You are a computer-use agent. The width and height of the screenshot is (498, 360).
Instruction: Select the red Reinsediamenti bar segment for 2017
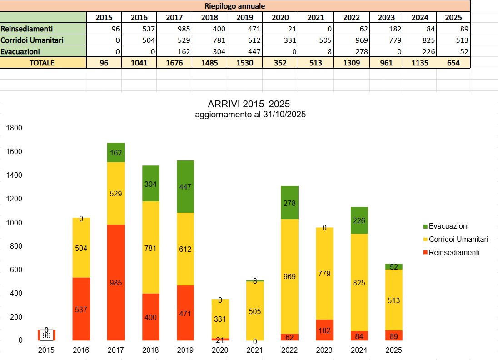coord(116,282)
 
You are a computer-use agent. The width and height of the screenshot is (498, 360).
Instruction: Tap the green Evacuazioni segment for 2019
coord(185,186)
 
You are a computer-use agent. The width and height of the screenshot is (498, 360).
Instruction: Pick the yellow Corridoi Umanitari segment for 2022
coord(289,276)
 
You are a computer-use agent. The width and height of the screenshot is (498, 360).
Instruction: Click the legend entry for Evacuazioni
coord(448,226)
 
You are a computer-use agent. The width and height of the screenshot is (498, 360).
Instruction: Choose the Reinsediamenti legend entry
coord(454,252)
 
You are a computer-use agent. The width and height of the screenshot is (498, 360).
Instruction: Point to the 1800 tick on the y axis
coord(14,128)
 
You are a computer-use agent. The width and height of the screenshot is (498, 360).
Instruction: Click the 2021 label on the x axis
coord(255,350)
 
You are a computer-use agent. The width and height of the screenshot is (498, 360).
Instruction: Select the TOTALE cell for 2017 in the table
coord(174,63)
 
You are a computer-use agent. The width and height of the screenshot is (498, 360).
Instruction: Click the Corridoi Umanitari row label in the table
coord(43,40)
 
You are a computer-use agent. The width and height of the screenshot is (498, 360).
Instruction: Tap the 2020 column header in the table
coord(280,17)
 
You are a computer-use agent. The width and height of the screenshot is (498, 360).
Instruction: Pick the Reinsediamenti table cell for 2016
coord(139,29)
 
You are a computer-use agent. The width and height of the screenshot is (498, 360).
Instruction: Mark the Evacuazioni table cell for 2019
coord(245,51)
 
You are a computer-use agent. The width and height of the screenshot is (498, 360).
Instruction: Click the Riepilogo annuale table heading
coord(234,6)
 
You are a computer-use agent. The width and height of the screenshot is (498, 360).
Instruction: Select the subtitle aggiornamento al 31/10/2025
coord(250,115)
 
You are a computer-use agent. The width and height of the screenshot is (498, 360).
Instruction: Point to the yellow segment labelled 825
coord(359,282)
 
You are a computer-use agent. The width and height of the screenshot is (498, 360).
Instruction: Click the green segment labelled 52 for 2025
coord(394,267)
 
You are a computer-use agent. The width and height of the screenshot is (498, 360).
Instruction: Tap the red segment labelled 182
coord(324,330)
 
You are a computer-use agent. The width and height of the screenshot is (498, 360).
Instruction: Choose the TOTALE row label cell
coord(43,63)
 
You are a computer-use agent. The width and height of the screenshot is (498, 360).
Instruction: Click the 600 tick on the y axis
coord(14,270)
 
